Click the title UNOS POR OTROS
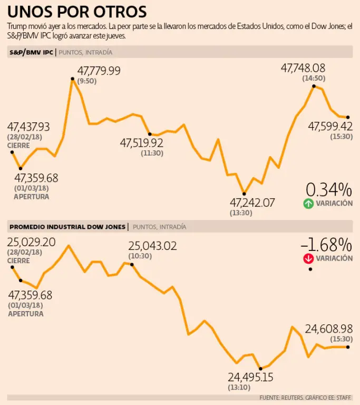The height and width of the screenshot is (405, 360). [x=77, y=12]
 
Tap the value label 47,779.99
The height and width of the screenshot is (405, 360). [x=99, y=71]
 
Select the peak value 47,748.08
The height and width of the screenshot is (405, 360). [x=303, y=68]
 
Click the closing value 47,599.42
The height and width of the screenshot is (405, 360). [x=330, y=126]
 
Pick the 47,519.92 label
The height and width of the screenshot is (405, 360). [x=142, y=143]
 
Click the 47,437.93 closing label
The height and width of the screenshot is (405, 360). [x=28, y=127]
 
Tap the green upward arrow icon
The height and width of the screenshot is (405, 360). [x=308, y=204]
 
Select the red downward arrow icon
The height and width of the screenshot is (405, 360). [x=308, y=258]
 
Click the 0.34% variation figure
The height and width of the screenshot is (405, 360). [x=329, y=189]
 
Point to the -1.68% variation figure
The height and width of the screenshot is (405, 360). [x=326, y=245]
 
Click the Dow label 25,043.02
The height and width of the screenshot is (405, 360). [x=152, y=246]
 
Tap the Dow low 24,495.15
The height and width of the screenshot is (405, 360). [x=251, y=378]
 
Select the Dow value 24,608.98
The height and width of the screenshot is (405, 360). [x=328, y=329]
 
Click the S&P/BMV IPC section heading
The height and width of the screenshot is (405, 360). [x=31, y=52]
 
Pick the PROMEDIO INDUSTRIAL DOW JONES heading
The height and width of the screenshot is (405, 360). [x=68, y=227]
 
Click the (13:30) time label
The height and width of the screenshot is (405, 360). [x=241, y=213]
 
